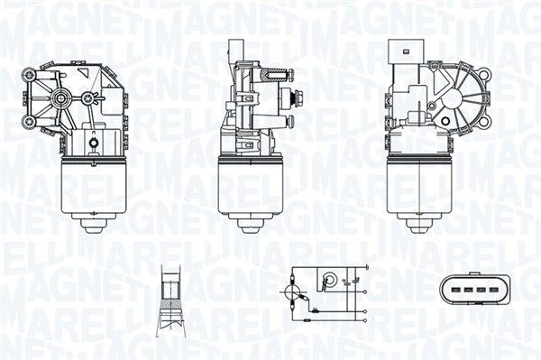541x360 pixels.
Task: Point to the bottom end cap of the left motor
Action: click(93, 223)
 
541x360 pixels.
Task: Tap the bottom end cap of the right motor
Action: click(419, 222)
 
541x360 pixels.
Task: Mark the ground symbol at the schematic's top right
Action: click(367, 268)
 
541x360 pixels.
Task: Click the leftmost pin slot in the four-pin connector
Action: click(454, 291)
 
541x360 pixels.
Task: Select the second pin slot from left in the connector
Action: click(466, 291)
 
